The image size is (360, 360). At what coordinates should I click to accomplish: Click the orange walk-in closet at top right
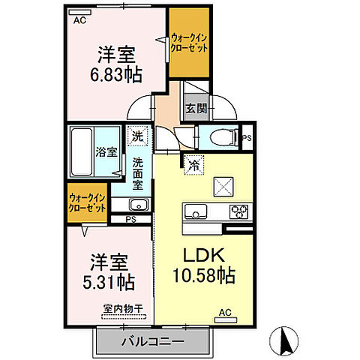188,41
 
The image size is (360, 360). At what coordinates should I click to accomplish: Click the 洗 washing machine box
137,136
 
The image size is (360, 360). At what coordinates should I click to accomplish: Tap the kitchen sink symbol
196,211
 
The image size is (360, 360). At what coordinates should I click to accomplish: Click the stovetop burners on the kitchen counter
239,211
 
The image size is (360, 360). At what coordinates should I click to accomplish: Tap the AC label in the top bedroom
79,22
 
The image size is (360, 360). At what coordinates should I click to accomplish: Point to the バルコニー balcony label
151,343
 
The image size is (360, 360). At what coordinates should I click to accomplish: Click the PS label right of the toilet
248,138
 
